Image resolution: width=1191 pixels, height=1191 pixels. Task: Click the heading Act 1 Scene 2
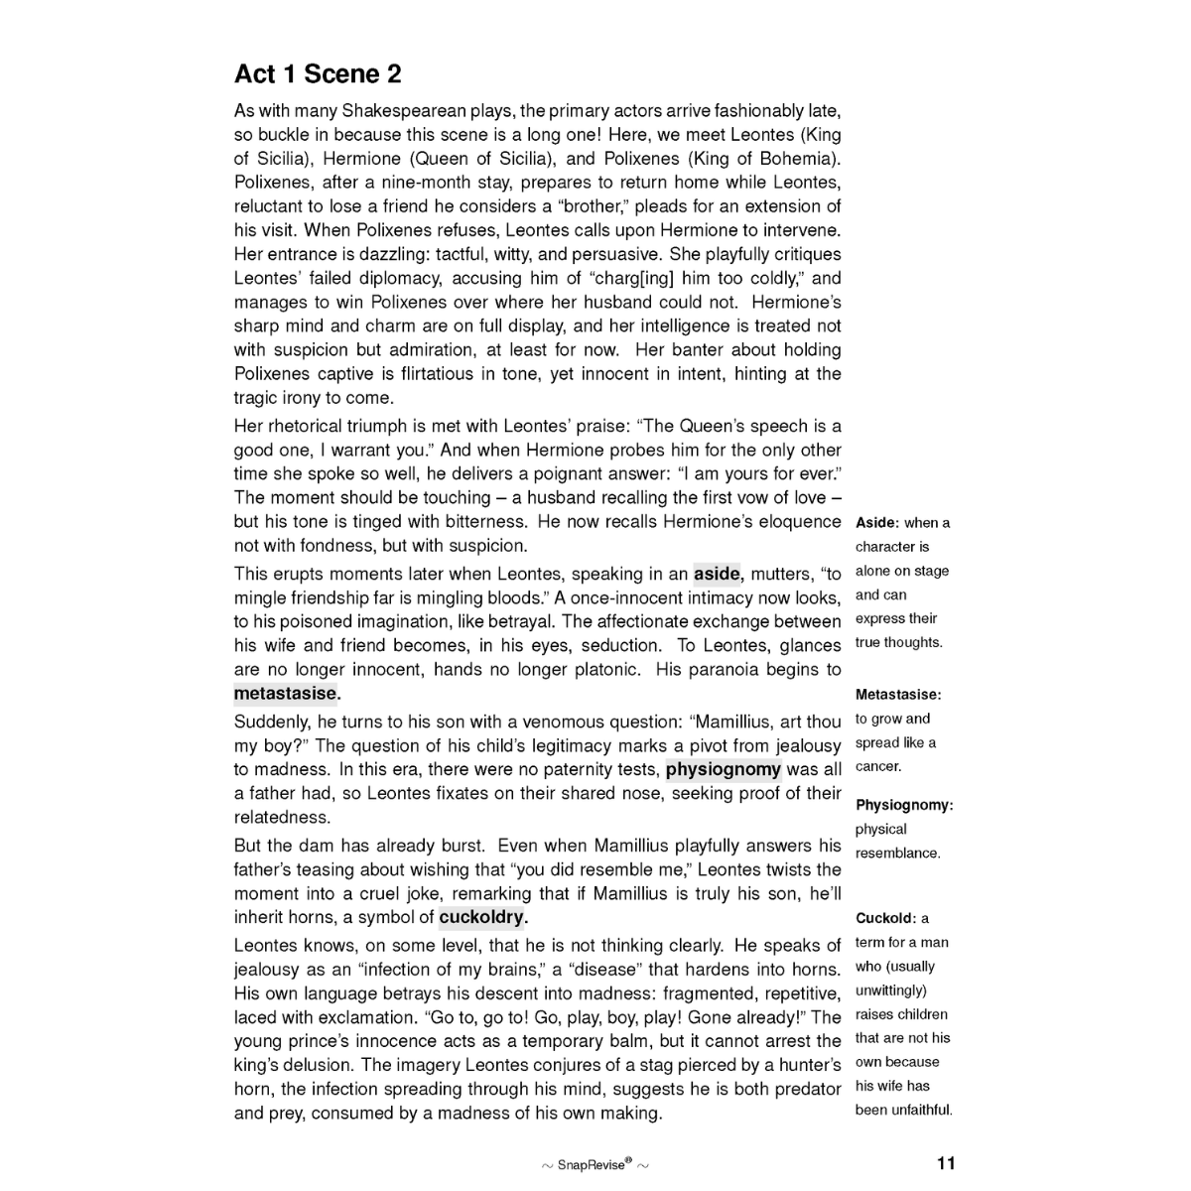point(318,74)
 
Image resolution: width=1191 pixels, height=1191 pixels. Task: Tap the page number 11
point(945,1163)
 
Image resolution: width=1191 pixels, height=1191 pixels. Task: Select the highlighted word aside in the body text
point(717,574)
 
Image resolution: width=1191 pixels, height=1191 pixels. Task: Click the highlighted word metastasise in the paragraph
point(286,693)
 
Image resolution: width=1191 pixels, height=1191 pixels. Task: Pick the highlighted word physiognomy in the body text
point(723,769)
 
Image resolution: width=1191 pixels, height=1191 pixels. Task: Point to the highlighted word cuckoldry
point(482,917)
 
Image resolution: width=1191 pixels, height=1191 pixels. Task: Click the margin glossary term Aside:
point(877,523)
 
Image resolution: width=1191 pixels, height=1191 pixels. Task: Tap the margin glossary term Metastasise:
point(898,695)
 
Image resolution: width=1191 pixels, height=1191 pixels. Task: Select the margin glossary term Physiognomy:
point(904,805)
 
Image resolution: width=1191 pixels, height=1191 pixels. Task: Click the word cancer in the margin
point(878,766)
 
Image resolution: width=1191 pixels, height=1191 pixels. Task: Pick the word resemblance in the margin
point(897,853)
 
